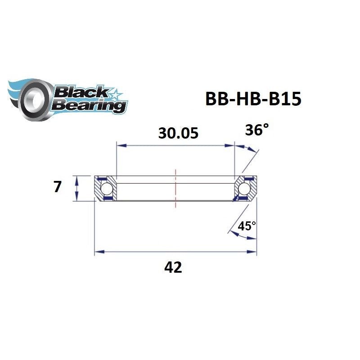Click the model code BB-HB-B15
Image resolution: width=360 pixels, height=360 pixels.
point(252,99)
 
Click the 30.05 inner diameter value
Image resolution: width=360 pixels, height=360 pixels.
point(178,133)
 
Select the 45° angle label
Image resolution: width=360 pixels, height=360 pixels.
point(247,226)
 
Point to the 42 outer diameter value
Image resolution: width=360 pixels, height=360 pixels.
point(173,267)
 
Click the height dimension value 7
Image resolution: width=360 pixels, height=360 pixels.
point(57,187)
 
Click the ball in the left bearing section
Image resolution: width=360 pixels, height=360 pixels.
point(107,188)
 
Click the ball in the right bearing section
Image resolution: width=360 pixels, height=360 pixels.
point(244,188)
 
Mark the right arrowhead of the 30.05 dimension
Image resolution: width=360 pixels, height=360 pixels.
point(231,145)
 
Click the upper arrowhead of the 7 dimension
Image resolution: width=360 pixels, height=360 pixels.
point(77,179)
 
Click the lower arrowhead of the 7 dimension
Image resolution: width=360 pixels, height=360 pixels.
point(77,198)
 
